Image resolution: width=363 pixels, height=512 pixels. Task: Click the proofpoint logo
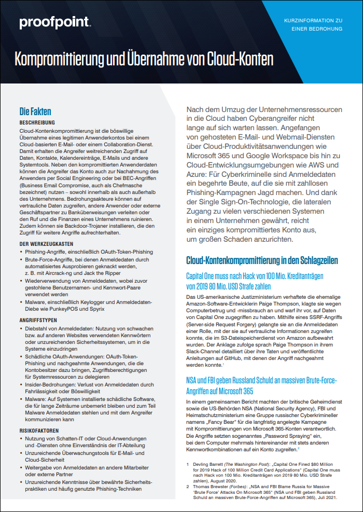[x=54, y=22]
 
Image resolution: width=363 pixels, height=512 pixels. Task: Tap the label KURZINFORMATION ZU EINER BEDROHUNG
[x=313, y=24]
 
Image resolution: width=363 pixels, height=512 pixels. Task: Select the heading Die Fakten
[x=35, y=111]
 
